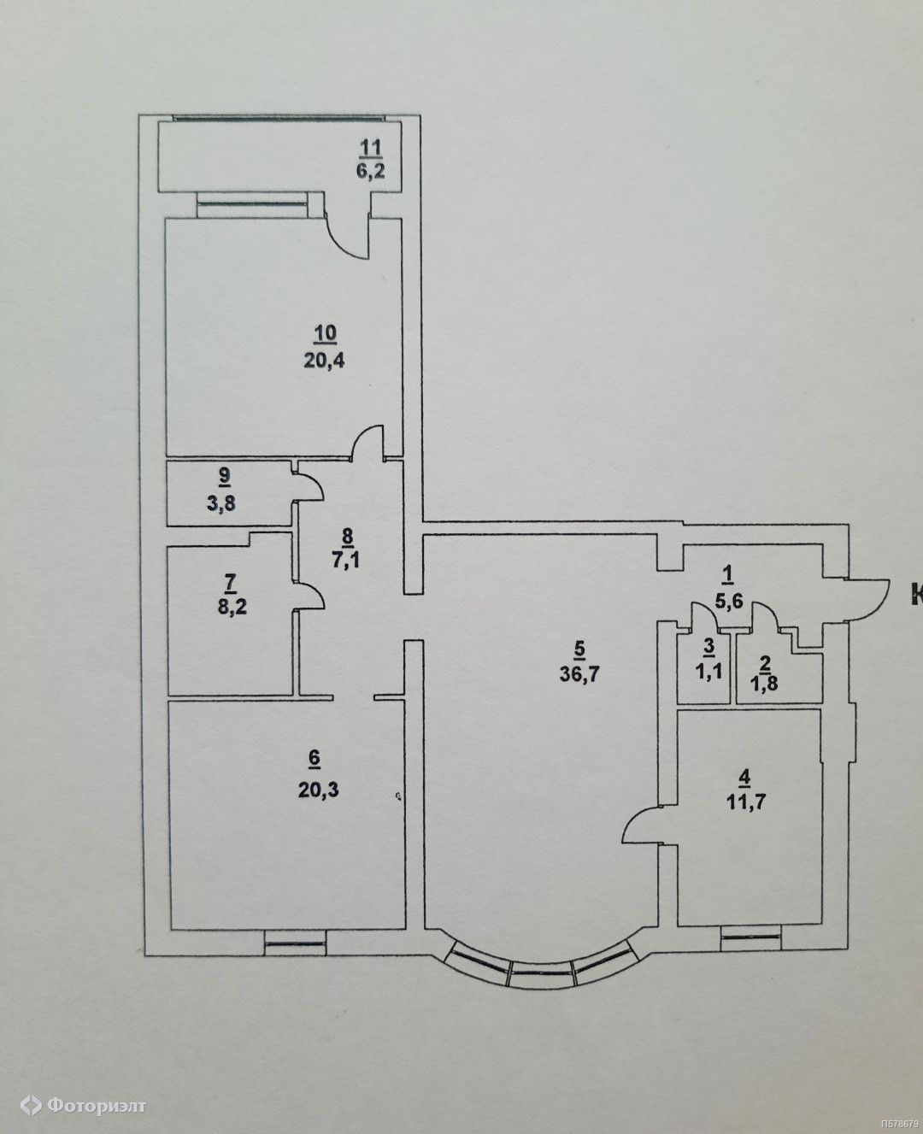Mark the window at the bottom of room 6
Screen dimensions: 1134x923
295,943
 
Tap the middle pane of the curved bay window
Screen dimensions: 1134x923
542,972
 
